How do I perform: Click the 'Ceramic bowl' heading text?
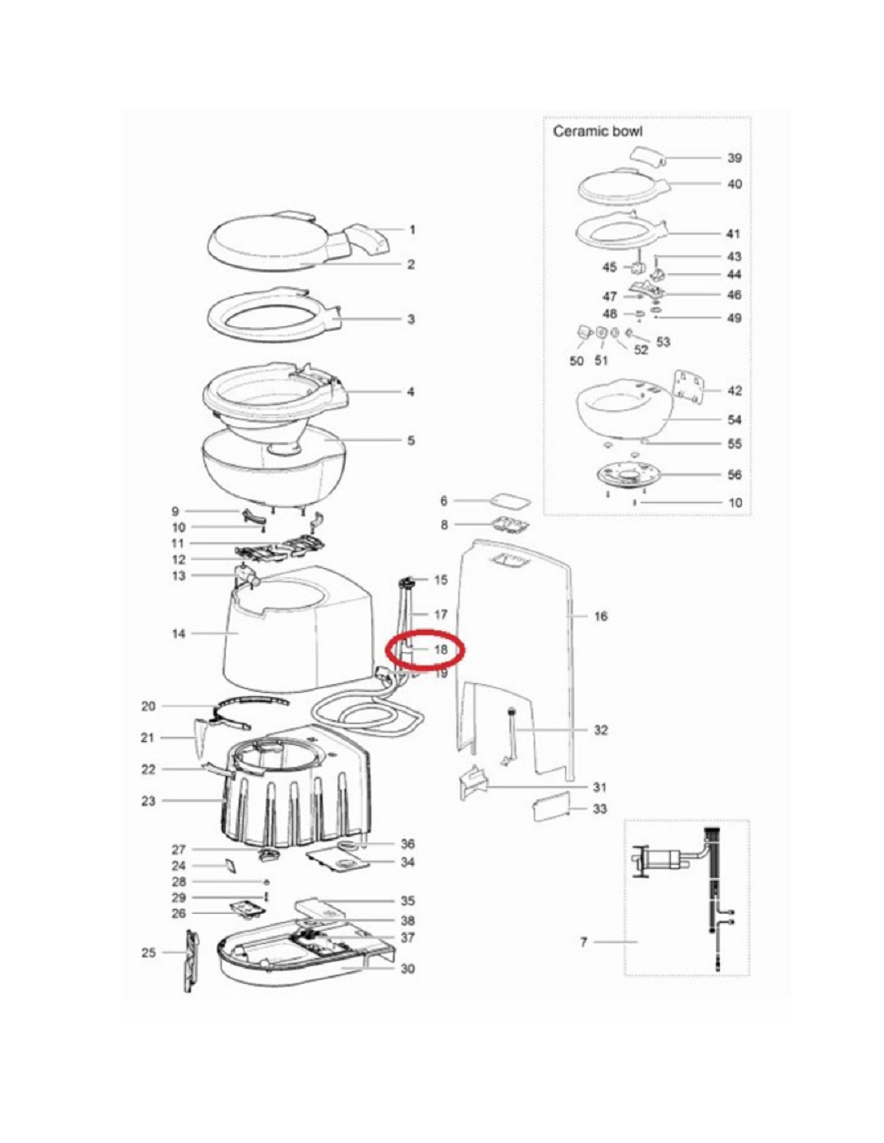click(x=597, y=131)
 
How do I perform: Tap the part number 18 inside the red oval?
click(x=440, y=649)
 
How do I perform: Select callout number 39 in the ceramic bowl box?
click(x=735, y=158)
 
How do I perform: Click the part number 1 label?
click(x=412, y=230)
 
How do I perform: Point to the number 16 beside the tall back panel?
click(x=600, y=616)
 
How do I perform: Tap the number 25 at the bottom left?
click(x=149, y=952)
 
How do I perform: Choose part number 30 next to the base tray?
click(x=407, y=969)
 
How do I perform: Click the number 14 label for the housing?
click(x=178, y=633)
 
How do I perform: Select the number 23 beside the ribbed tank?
click(x=149, y=801)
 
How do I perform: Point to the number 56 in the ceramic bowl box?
click(x=735, y=474)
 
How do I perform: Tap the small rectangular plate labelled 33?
click(x=551, y=806)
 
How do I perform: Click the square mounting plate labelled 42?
click(x=689, y=387)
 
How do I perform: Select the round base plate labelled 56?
click(x=627, y=475)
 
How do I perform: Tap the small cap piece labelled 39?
click(x=648, y=156)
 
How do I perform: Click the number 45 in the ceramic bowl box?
click(x=609, y=267)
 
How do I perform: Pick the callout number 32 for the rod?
click(x=600, y=730)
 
